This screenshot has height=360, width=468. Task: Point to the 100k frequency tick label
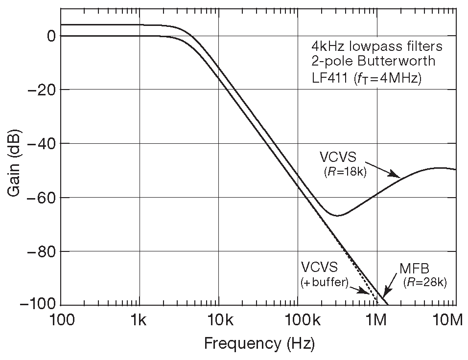tap(298, 321)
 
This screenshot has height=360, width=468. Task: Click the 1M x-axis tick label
tap(376, 321)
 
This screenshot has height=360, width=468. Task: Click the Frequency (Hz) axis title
tap(259, 344)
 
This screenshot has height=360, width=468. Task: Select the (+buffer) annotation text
tap(324, 283)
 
